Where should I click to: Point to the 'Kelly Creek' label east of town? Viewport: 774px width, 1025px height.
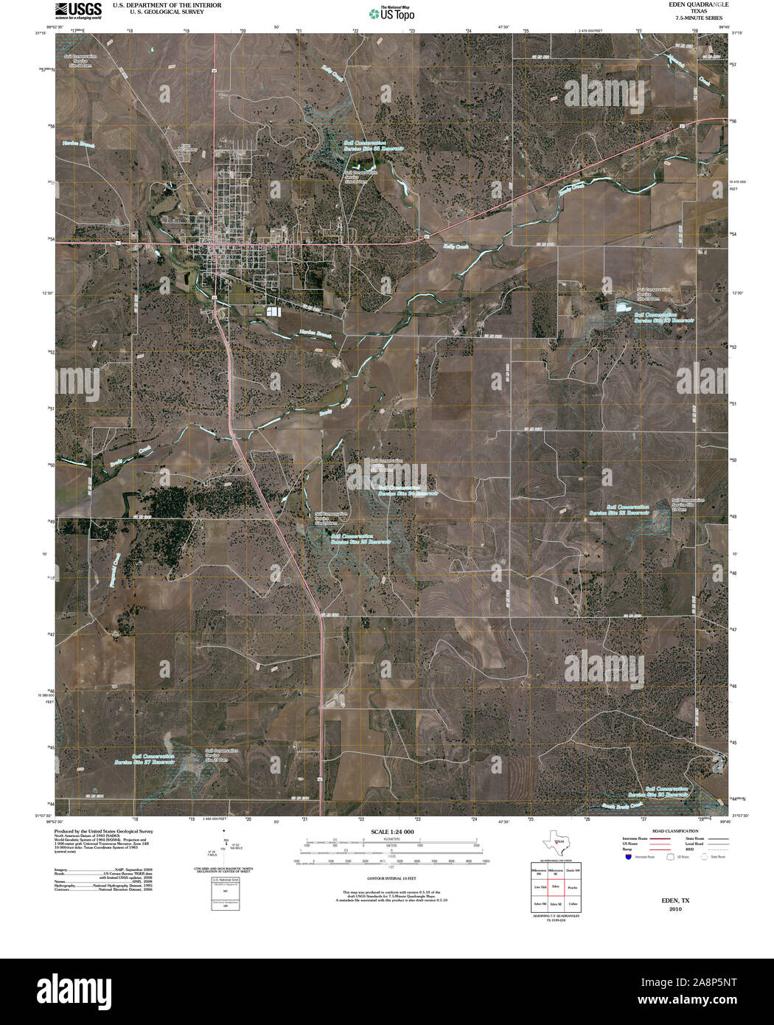(x=456, y=246)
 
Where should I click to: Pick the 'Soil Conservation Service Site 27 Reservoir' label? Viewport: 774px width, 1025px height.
(x=153, y=760)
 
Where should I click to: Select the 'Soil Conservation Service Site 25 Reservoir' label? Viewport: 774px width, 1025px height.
(x=361, y=539)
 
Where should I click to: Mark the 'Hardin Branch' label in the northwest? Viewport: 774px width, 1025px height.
(x=79, y=144)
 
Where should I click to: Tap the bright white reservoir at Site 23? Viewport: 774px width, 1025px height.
(x=619, y=306)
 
